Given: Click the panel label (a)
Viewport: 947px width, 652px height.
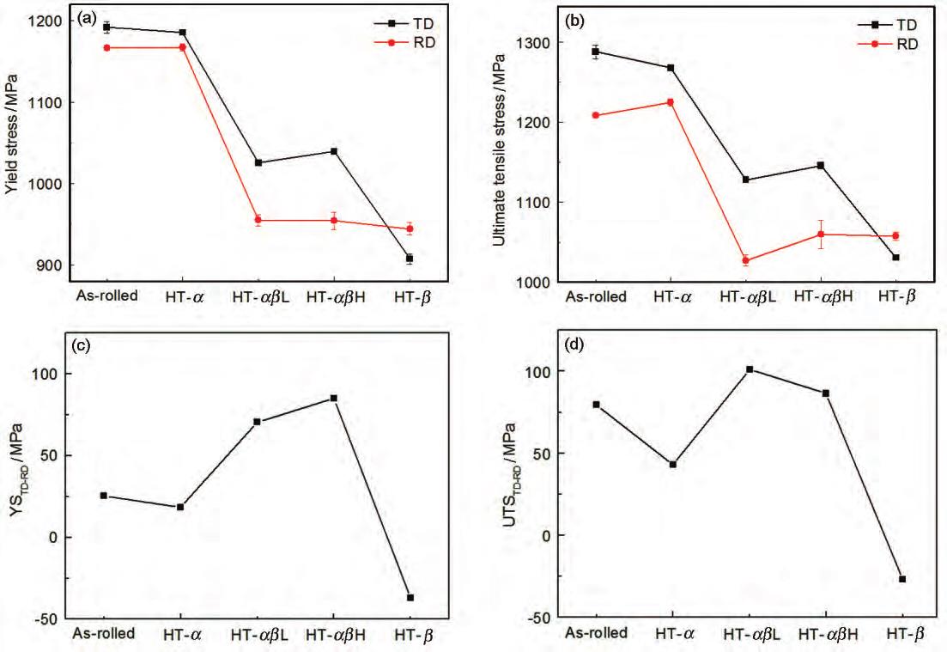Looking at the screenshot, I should (x=87, y=18).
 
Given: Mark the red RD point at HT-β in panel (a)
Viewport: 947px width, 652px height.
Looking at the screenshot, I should (x=410, y=229).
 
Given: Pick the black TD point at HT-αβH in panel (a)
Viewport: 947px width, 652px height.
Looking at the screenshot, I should (x=334, y=151).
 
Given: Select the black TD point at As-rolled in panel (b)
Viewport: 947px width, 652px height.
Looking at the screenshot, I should (x=595, y=52).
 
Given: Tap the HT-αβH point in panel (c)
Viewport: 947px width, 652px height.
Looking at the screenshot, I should (x=334, y=398).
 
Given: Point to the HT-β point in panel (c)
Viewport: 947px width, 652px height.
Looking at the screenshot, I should (x=410, y=597).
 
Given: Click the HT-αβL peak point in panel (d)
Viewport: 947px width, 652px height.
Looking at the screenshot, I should (x=750, y=369).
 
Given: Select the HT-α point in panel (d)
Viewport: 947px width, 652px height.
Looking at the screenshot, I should (x=673, y=465).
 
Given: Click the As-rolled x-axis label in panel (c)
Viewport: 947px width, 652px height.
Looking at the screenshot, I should (x=104, y=634).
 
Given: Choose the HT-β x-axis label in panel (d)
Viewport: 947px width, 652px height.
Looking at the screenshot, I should (x=897, y=634).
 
